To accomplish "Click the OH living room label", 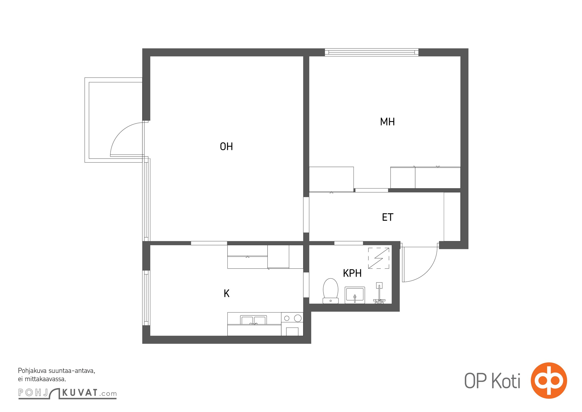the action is pos(226,147).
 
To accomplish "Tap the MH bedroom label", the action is pos(387,122).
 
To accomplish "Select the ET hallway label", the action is pos(387,217).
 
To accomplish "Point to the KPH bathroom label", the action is pos(352,273).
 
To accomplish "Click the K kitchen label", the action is pos(226,293).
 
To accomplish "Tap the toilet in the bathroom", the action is pos(330,291).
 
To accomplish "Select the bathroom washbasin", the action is pos(355,295).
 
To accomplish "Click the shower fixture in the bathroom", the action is pos(379,293).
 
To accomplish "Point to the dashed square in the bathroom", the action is pos(378,258).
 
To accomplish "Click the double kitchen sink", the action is pos(253,320).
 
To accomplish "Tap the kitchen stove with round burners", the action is pos(292,324).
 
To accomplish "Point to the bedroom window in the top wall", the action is pos(372,53).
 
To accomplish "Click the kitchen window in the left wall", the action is pos(146,298).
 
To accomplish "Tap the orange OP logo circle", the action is pos(549,380).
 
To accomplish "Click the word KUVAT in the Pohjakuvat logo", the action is pos(80,393).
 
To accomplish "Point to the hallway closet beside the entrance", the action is pos(452,217).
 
